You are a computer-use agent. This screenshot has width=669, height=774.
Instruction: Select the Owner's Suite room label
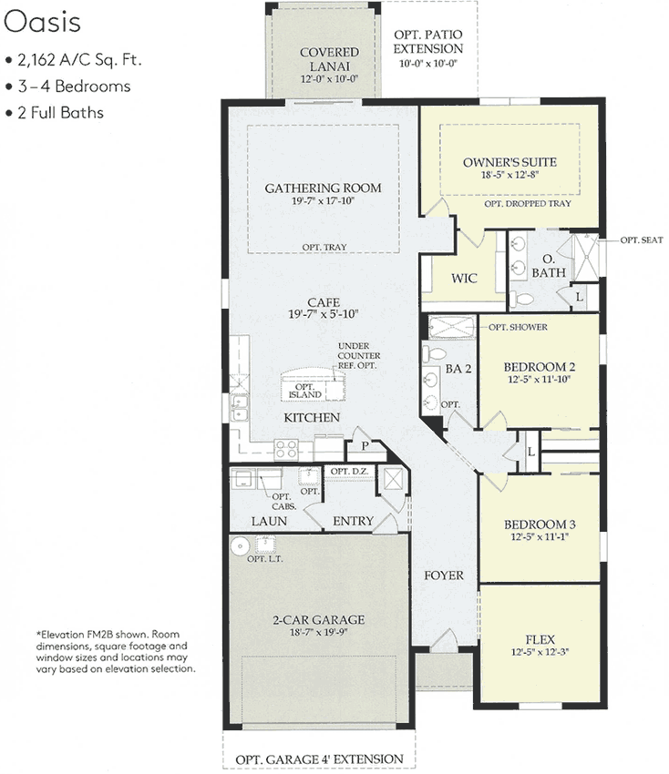[x=509, y=163]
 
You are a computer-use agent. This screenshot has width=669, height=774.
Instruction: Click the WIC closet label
[x=465, y=279]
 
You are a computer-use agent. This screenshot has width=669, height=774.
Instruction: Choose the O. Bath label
[x=549, y=265]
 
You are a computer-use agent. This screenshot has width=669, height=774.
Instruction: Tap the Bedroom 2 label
[x=539, y=368]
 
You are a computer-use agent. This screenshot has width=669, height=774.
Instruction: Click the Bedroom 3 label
[x=539, y=524]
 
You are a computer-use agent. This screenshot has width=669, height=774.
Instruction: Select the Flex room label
[x=540, y=639]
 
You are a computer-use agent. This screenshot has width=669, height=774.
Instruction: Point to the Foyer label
[x=444, y=575]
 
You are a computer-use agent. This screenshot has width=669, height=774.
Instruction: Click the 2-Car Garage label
[x=317, y=620]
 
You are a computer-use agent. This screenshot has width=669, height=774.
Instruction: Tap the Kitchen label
[x=312, y=417]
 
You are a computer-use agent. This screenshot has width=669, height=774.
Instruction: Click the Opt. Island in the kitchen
[x=305, y=390]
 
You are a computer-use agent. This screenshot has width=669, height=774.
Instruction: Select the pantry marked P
[x=364, y=445]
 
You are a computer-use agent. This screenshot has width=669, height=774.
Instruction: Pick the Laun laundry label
[x=270, y=522]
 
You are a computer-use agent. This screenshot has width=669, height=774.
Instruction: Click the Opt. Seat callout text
[x=643, y=239]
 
